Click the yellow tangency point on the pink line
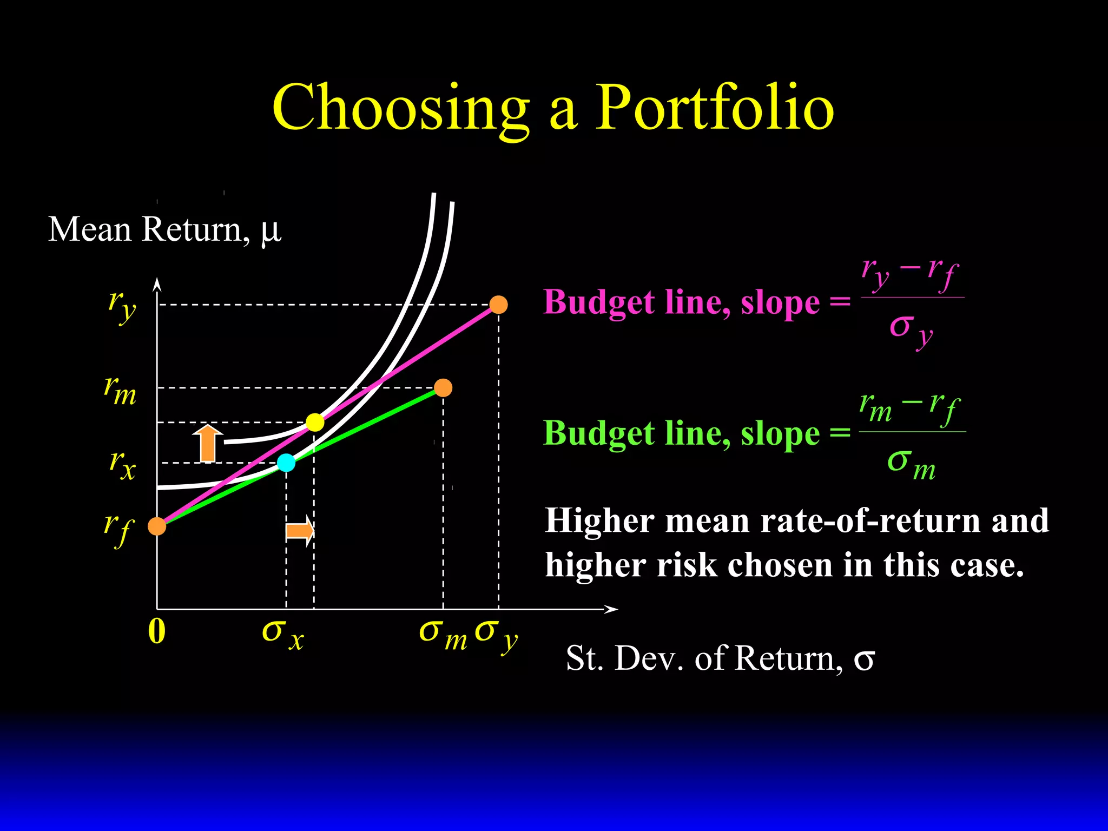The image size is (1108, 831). click(315, 422)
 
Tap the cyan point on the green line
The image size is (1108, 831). click(286, 463)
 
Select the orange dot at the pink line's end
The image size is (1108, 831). click(498, 305)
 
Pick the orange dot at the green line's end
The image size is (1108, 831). click(443, 388)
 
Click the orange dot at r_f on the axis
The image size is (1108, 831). click(157, 526)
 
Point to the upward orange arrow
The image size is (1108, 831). click(208, 443)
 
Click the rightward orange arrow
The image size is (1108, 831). click(300, 531)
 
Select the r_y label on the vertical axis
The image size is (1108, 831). click(122, 306)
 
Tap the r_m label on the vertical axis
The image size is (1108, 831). click(120, 391)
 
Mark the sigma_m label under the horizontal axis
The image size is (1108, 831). click(443, 634)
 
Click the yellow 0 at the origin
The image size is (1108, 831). click(156, 631)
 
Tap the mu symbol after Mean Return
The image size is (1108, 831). click(271, 230)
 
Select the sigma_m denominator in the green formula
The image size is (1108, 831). click(911, 463)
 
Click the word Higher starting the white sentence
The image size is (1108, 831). click(599, 520)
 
